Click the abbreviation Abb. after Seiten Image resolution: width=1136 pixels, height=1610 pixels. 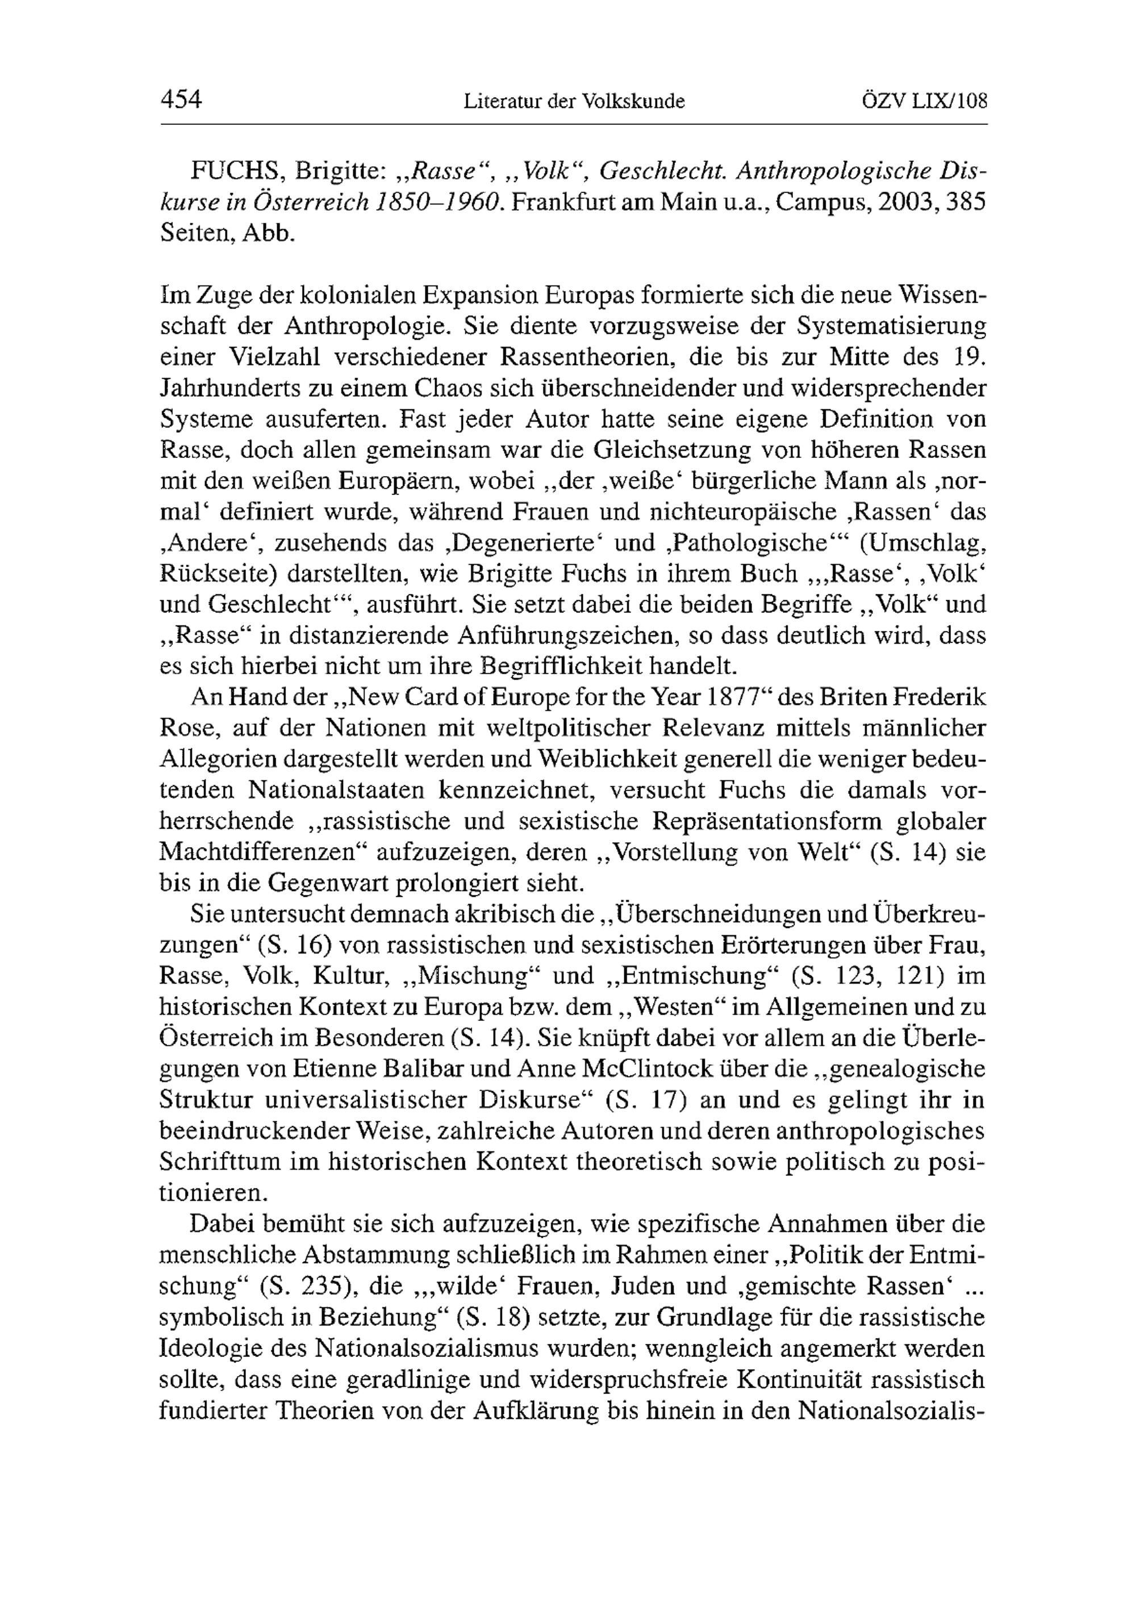268,233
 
